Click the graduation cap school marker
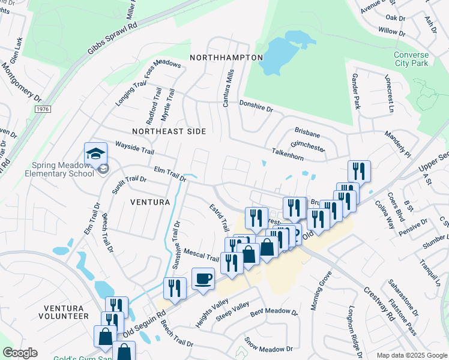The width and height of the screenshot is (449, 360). pos(95,154)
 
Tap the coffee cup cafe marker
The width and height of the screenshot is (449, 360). pos(203,280)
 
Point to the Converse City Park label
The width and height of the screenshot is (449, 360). pos(411,59)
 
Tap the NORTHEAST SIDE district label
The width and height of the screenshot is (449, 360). pos(169,131)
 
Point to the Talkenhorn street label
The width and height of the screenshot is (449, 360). pos(288,154)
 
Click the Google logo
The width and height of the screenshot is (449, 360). pos(20,353)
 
